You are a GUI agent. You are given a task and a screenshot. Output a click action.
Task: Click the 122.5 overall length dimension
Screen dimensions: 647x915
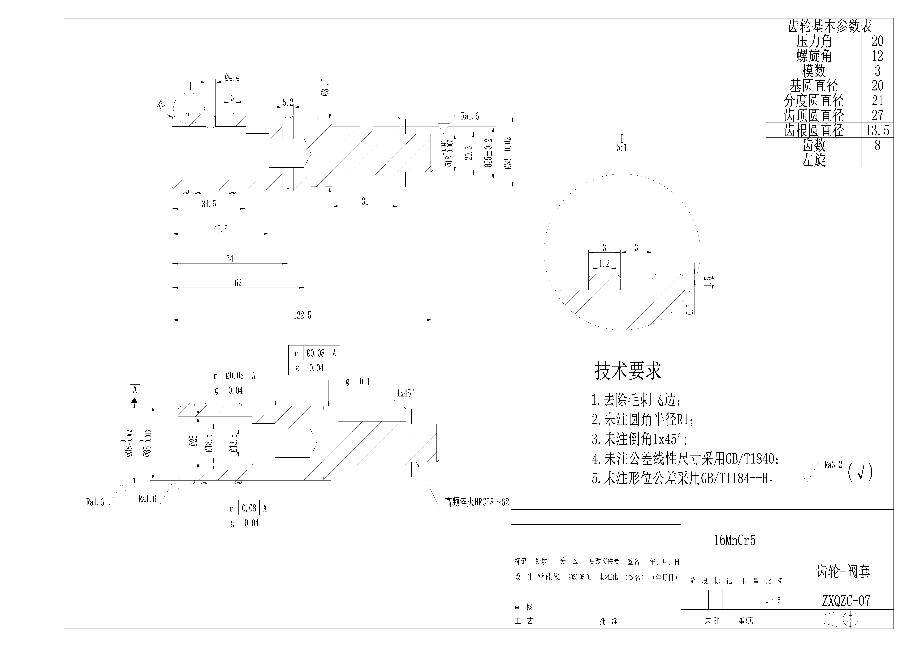[x=302, y=315]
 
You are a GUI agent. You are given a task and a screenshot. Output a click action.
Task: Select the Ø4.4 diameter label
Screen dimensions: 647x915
[x=232, y=77]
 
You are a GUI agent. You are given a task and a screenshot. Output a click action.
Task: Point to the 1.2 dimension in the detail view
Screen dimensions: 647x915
[x=604, y=263]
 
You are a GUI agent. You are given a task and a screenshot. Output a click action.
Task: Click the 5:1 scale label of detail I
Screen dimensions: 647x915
[x=622, y=148]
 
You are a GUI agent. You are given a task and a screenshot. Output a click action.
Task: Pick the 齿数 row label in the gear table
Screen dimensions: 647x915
[x=814, y=145]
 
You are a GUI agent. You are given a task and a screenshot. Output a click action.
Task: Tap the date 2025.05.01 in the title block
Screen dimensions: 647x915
[x=579, y=577]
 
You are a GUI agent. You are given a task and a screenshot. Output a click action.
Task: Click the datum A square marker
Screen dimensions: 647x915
[x=135, y=389]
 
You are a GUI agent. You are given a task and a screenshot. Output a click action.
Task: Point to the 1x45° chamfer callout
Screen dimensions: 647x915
[x=405, y=393]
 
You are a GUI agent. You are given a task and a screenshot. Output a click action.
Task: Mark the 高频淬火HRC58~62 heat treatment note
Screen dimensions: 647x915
[x=477, y=502]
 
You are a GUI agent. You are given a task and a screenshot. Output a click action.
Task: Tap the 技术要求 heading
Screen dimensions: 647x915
[x=628, y=370]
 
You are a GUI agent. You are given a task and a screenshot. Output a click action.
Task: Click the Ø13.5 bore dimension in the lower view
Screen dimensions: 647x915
[x=233, y=442]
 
